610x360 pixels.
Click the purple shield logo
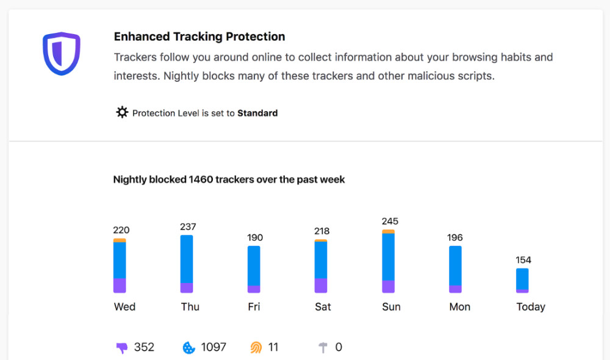[x=62, y=54]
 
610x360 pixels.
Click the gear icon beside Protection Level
[x=122, y=112]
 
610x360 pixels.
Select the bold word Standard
[x=257, y=113]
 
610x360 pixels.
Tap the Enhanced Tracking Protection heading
[x=199, y=37]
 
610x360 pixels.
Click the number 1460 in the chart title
[x=201, y=179]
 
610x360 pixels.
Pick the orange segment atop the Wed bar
[x=120, y=240]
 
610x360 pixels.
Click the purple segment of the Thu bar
[x=187, y=287]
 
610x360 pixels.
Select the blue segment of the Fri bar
[x=254, y=266]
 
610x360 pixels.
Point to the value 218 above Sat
[x=321, y=231]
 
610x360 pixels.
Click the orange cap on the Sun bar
[x=388, y=232]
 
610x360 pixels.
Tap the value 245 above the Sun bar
[x=390, y=221]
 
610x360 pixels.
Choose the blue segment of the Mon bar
[x=455, y=266]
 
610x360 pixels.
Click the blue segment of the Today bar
[x=523, y=279]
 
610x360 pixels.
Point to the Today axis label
[x=531, y=307]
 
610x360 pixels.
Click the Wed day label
[x=124, y=307]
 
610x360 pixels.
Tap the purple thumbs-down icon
[x=122, y=348]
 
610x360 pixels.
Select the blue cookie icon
[x=188, y=348]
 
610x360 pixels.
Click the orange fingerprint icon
[x=256, y=347]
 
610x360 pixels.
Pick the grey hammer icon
[x=323, y=347]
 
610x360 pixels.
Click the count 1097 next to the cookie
[x=213, y=347]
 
